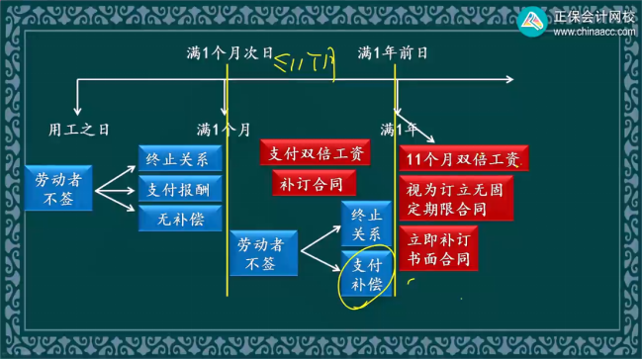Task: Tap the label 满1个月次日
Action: (x=230, y=52)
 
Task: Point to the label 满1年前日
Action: (x=396, y=52)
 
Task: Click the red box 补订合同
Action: (x=312, y=183)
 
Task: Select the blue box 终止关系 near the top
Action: (x=180, y=158)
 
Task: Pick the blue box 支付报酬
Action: (x=180, y=189)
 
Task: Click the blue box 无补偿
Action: (x=180, y=219)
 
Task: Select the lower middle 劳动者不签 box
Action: (x=264, y=254)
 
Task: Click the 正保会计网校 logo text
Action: (x=594, y=15)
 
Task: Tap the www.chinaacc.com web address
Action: (x=594, y=32)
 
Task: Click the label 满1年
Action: (x=399, y=129)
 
